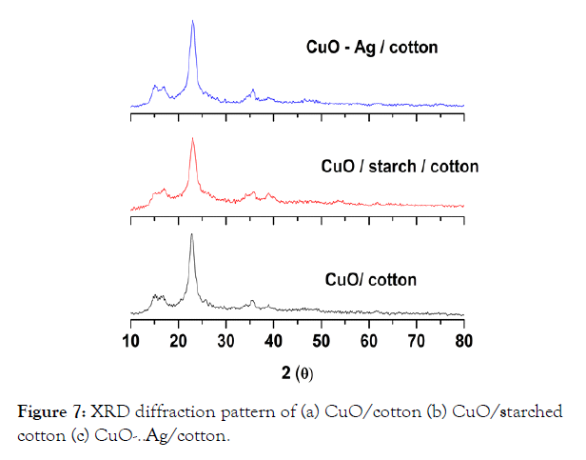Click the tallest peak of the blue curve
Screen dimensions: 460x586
(x=193, y=21)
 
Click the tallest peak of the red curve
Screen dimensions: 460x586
(x=193, y=140)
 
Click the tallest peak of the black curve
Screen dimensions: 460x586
(x=192, y=234)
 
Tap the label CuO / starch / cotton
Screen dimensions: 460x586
(x=400, y=167)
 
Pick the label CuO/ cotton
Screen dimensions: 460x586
(x=371, y=280)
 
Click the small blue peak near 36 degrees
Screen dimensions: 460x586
(x=253, y=90)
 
